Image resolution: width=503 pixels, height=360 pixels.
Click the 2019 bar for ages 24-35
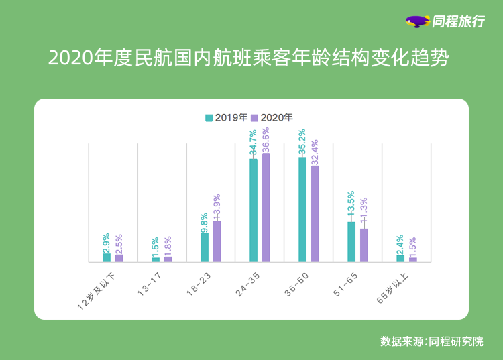[x=254, y=210]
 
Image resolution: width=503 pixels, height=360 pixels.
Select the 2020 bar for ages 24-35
[x=266, y=207]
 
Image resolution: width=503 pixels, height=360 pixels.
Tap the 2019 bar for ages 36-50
[x=302, y=209]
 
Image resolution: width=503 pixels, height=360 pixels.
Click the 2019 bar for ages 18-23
[x=205, y=247]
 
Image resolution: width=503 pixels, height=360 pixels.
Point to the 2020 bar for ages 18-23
[x=217, y=241]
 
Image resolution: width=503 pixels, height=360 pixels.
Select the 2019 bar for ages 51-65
[x=351, y=241]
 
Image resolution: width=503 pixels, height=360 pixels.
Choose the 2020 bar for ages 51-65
[x=364, y=245]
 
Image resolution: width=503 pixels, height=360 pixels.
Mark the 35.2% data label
[x=302, y=143]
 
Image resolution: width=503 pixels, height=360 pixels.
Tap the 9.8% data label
[x=205, y=221]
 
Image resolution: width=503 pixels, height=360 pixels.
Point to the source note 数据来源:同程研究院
[x=431, y=341]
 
